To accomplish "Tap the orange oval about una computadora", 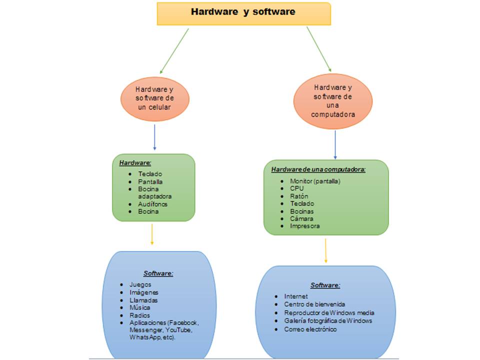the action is click(x=333, y=100).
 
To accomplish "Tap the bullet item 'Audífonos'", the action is click(x=152, y=204).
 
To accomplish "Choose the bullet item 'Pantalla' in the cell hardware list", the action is click(x=150, y=181).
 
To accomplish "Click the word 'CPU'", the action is click(x=296, y=188).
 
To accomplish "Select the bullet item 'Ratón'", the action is click(x=299, y=196).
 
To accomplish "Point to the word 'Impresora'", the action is click(x=304, y=226).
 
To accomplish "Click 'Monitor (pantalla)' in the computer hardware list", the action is click(x=314, y=181).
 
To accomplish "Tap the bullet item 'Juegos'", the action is click(x=140, y=284).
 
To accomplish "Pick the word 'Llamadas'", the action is click(x=143, y=300).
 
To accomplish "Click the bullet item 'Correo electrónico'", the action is click(x=310, y=329).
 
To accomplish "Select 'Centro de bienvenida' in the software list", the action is click(x=314, y=304).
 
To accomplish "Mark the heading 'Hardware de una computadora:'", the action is click(x=318, y=169).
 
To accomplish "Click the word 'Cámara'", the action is click(x=301, y=218).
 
